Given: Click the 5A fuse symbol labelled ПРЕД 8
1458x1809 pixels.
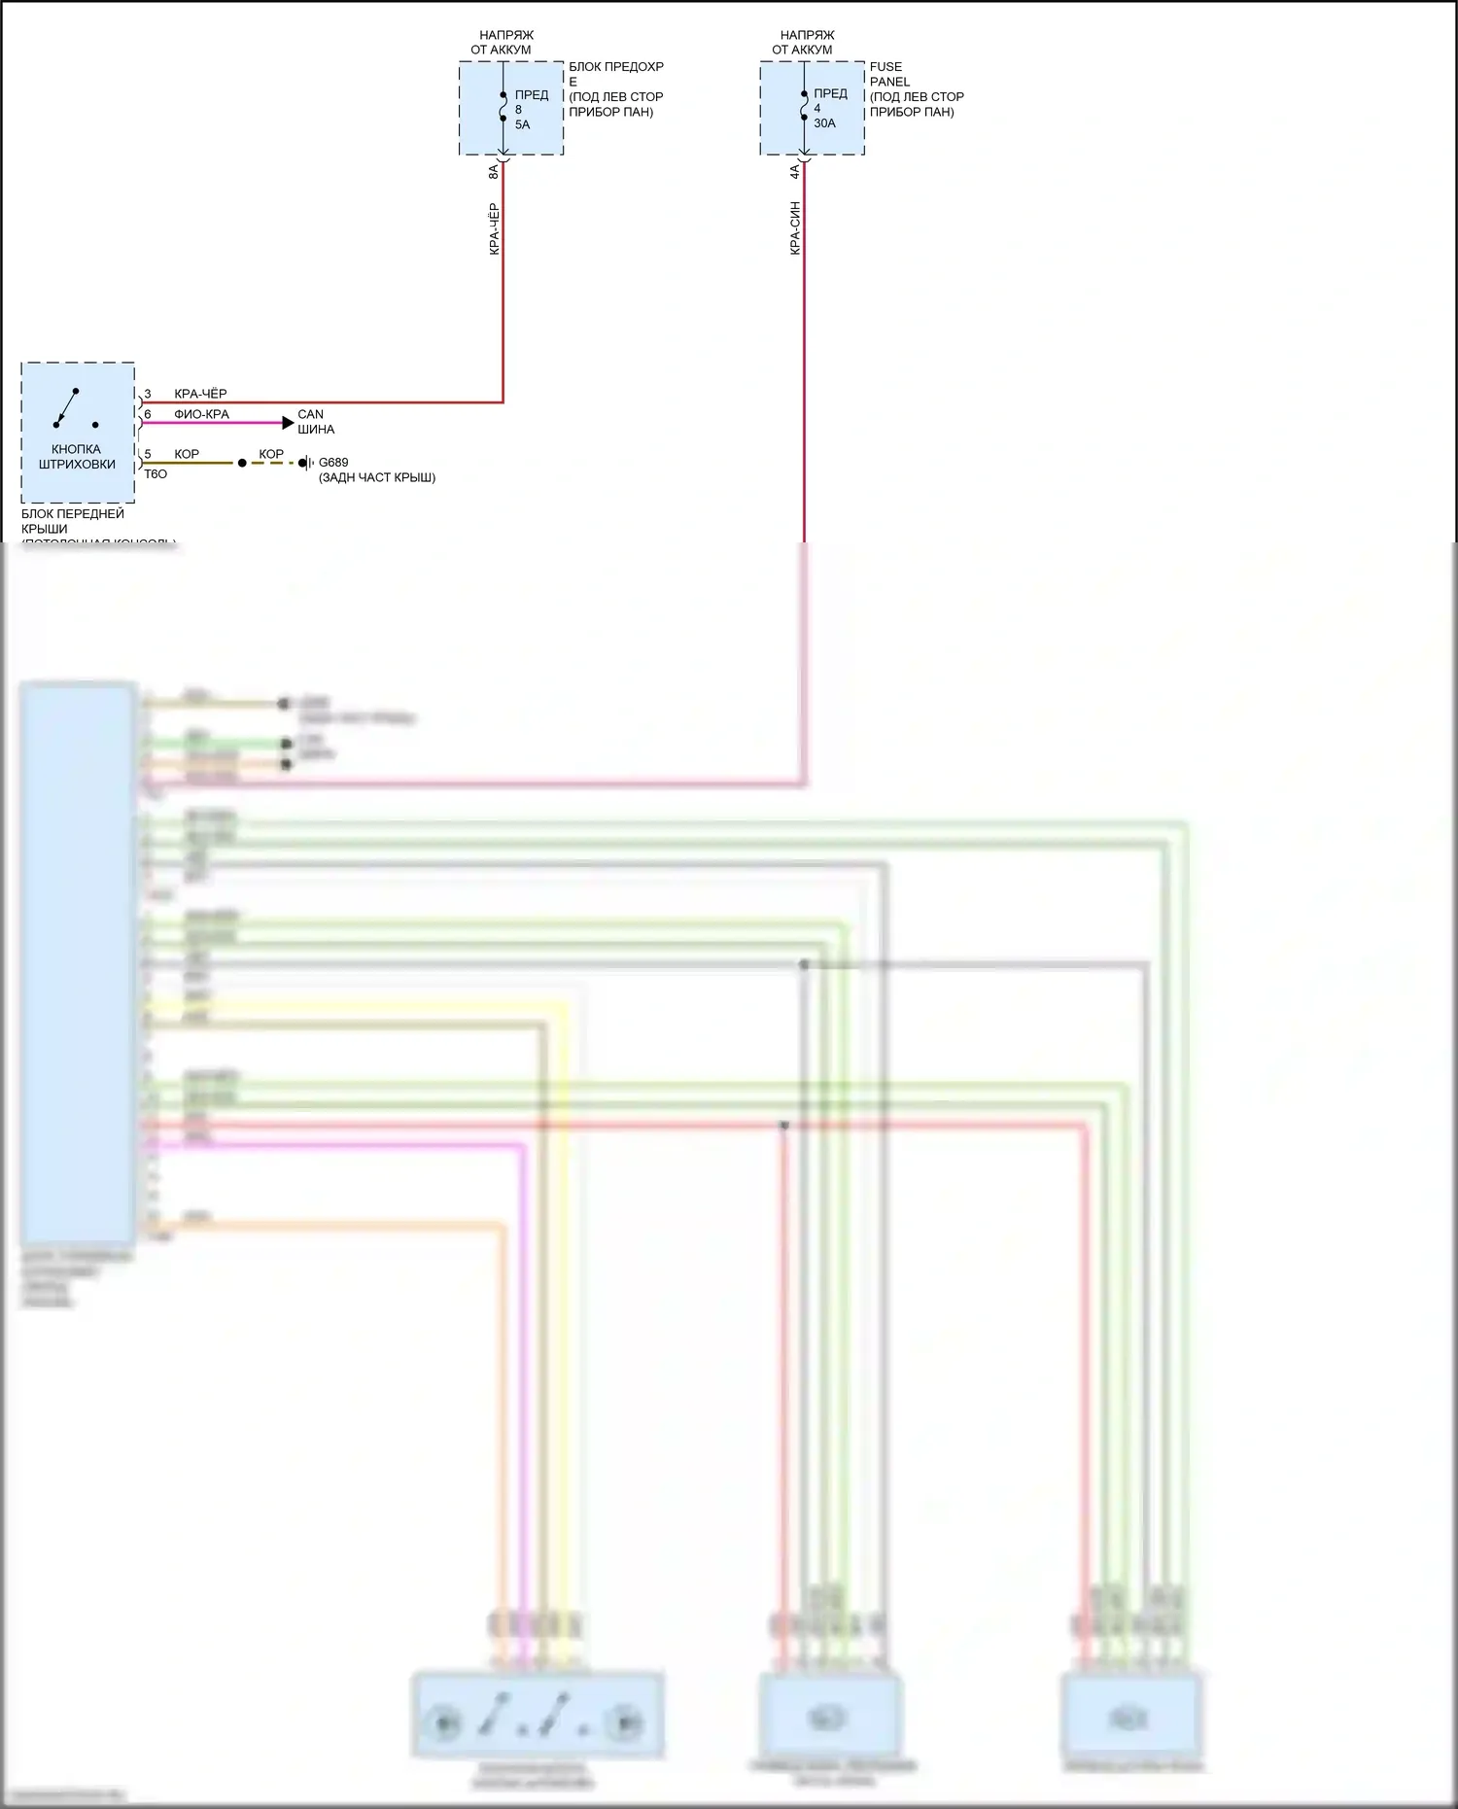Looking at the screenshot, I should pos(503,107).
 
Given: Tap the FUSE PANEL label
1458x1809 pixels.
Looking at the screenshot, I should pos(889,74).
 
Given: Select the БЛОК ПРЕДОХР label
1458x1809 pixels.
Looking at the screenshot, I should pos(616,67).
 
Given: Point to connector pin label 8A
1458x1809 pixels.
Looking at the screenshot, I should pos(494,171).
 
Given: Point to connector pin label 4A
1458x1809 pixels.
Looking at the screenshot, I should pos(795,171).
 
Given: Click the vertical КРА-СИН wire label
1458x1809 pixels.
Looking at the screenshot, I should pos(795,228).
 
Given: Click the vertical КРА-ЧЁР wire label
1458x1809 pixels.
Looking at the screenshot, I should pos(494,229).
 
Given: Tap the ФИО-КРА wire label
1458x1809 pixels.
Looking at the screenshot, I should pos(201,414).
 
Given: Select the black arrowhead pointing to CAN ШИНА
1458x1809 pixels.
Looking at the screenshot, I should pos(288,423).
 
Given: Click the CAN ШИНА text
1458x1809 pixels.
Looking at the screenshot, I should pos(315,422).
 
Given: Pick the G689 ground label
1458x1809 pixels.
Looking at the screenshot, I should pos(333,463).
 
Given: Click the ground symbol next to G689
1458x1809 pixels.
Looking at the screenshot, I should pos(305,463).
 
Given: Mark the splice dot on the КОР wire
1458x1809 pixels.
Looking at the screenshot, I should pos(242,463).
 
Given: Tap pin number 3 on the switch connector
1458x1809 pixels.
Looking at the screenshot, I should pos(148,394).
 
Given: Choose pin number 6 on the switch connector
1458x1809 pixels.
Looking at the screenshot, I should pos(148,414).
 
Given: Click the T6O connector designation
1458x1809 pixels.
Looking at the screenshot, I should pos(156,474).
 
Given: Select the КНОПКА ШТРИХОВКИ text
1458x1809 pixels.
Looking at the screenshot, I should pos(77,457).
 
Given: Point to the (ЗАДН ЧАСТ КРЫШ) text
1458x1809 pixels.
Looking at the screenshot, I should pos(377,477).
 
